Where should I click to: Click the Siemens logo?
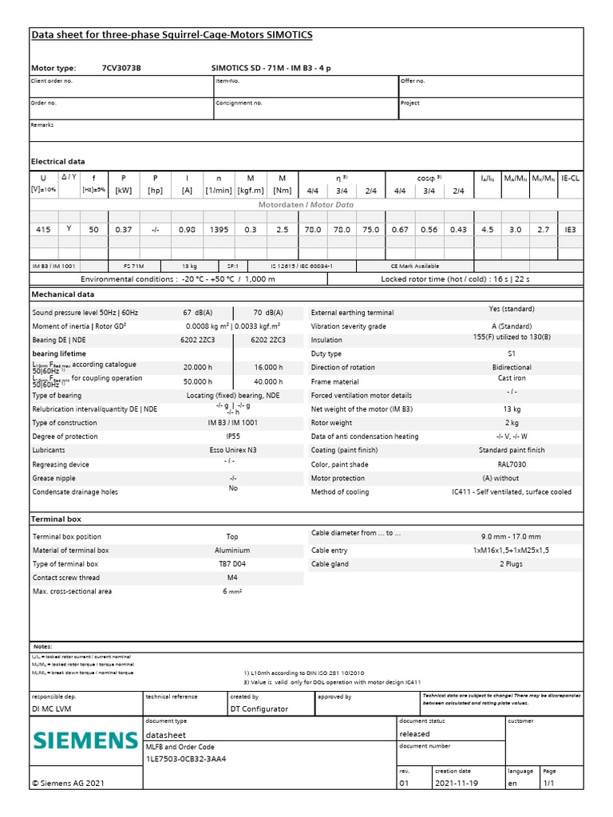pyautogui.click(x=85, y=741)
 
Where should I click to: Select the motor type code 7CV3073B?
pyautogui.click(x=121, y=69)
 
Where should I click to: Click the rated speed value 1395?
pyautogui.click(x=218, y=229)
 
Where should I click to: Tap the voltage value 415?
pyautogui.click(x=44, y=229)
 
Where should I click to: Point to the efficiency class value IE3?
pyautogui.click(x=570, y=229)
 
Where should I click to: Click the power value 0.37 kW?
pyautogui.click(x=123, y=229)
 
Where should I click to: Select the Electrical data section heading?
pyautogui.click(x=57, y=161)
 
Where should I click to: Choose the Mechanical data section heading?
pyautogui.click(x=62, y=294)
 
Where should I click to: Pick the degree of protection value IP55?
pyautogui.click(x=233, y=436)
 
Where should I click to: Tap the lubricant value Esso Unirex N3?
pyautogui.click(x=233, y=450)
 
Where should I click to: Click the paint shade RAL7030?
pyautogui.click(x=511, y=464)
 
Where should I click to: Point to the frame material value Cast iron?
pyautogui.click(x=511, y=378)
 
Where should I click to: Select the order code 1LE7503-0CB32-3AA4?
pyautogui.click(x=186, y=759)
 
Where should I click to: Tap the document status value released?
pyautogui.click(x=414, y=734)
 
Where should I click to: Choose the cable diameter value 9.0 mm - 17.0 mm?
pyautogui.click(x=511, y=537)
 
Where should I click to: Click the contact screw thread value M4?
pyautogui.click(x=233, y=578)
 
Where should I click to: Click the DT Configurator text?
pyautogui.click(x=259, y=708)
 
